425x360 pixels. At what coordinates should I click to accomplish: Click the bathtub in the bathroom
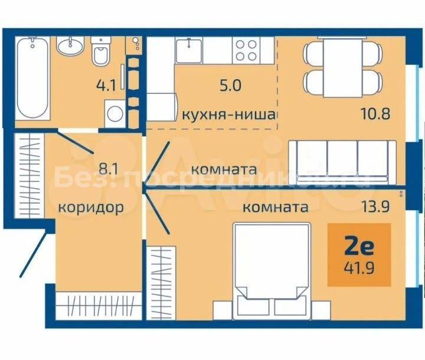pyautogui.click(x=32, y=78)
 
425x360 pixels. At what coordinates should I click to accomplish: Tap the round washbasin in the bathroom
pyautogui.click(x=70, y=46)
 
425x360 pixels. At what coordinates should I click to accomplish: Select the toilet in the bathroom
pyautogui.click(x=100, y=51)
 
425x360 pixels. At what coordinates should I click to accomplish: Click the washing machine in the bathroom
pyautogui.click(x=115, y=113)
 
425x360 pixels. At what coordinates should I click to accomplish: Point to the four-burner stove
pyautogui.click(x=246, y=50)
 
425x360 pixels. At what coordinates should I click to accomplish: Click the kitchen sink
pyautogui.click(x=189, y=50)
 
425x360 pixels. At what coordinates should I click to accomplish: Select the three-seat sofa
pyautogui.click(x=342, y=162)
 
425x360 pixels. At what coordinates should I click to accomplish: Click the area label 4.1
pyautogui.click(x=106, y=85)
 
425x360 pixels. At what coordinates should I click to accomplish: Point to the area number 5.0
pyautogui.click(x=230, y=86)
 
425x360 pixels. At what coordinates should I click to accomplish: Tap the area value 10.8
pyautogui.click(x=375, y=113)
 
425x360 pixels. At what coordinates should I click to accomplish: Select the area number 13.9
pyautogui.click(x=376, y=207)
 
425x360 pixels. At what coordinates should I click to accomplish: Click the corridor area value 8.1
pyautogui.click(x=109, y=169)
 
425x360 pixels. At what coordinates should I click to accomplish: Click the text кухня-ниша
pyautogui.click(x=229, y=114)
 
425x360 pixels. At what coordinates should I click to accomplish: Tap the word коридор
pyautogui.click(x=91, y=208)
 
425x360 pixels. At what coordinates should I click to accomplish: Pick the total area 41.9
pyautogui.click(x=359, y=269)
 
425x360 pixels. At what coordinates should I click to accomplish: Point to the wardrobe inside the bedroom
pyautogui.click(x=161, y=283)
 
